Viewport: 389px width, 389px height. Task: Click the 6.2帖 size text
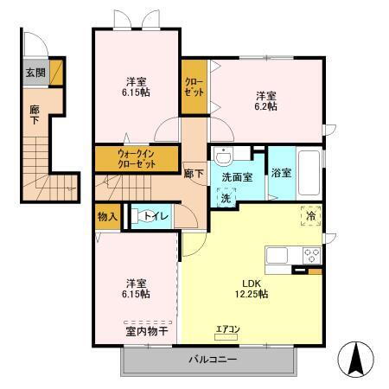point(265,106)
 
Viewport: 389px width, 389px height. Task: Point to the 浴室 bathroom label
point(281,172)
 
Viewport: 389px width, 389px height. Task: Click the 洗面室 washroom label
point(236,177)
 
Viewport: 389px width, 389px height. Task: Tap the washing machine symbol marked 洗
point(225,197)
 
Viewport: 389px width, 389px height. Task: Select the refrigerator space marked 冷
point(309,216)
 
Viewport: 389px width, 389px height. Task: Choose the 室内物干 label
point(145,330)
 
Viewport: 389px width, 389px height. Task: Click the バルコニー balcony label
point(212,359)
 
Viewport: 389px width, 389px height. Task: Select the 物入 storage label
point(108,216)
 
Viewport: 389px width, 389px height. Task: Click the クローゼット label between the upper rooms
point(194,87)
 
